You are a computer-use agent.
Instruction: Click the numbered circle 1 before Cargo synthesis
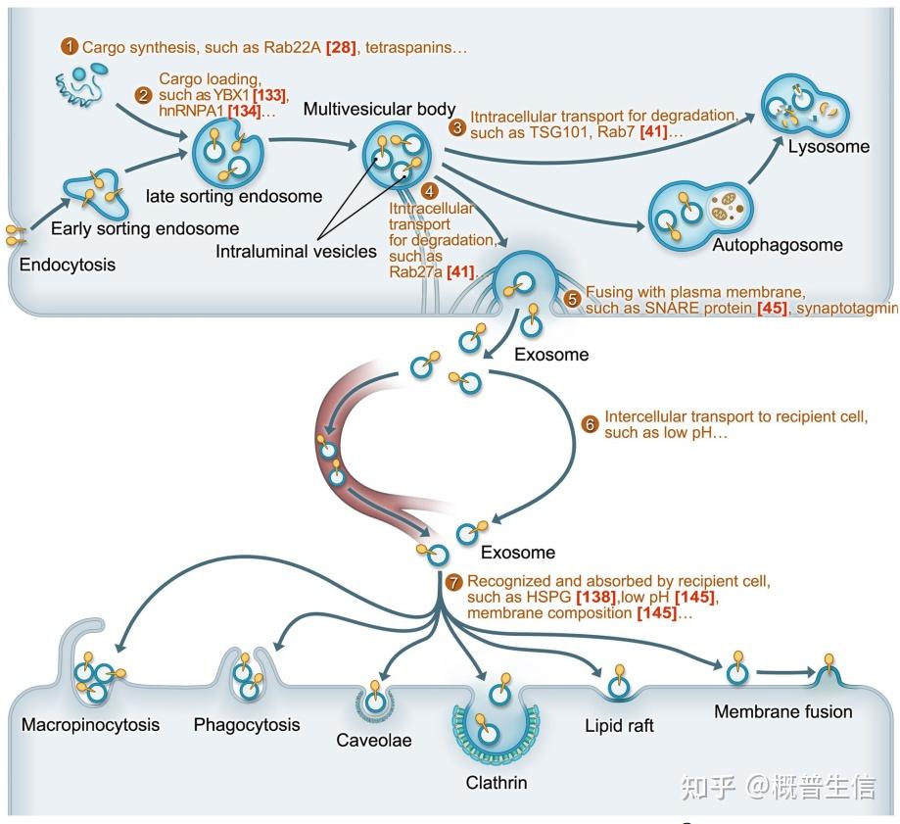pos(69,46)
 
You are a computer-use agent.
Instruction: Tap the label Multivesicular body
pos(379,109)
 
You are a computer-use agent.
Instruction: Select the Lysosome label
pos(829,147)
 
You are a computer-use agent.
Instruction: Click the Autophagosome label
pos(778,245)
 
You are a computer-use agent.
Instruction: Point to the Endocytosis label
pos(67,265)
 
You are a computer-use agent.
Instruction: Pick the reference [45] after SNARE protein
pos(772,309)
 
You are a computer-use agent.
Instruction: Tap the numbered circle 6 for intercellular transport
pos(590,424)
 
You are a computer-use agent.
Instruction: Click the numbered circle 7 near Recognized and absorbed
pos(452,582)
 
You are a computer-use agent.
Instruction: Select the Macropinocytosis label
pos(90,726)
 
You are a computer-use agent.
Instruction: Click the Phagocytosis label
pos(247,726)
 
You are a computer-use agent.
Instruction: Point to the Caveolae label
pos(374,741)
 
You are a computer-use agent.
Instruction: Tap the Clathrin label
pos(497,783)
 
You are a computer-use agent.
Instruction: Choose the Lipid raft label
pos(619,726)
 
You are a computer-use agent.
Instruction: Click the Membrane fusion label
pos(782,712)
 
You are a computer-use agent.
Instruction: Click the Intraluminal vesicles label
pos(297,252)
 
